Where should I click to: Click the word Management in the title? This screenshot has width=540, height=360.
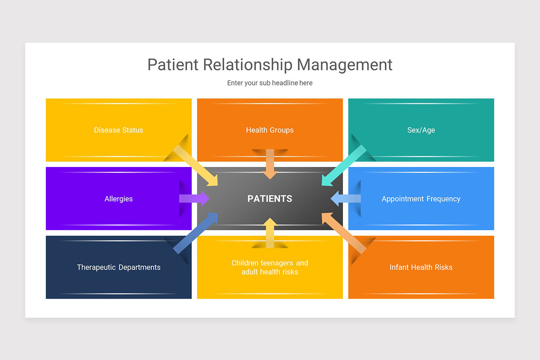pos(344,65)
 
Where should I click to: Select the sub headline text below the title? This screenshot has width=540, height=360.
pos(270,83)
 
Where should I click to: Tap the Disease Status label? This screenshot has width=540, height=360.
pos(118,130)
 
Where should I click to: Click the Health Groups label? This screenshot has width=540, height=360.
pos(270,130)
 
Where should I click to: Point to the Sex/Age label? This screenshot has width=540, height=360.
pos(421,130)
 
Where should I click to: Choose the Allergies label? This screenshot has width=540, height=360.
pos(118,198)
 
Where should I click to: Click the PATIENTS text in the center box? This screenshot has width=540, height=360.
pos(270,198)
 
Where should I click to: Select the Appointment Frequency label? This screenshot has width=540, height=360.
pos(421,198)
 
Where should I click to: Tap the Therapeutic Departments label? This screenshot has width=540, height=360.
pos(118,267)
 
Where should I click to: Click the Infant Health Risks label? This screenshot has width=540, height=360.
pos(421,267)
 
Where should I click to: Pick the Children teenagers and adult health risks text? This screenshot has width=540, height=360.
pos(270,267)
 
